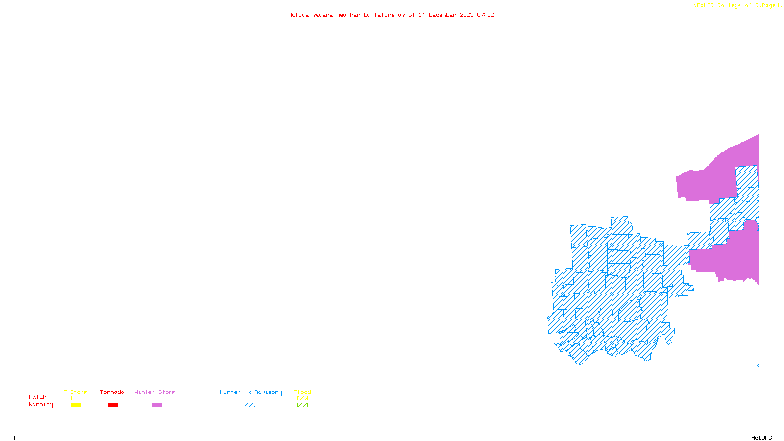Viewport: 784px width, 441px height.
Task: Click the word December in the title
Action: [x=442, y=15]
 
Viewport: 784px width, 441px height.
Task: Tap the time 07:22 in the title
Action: [x=486, y=15]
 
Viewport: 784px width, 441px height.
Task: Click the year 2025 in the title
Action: [x=466, y=15]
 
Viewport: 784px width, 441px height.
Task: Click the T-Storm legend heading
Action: [x=75, y=392]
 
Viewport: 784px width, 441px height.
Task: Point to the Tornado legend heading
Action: [x=112, y=392]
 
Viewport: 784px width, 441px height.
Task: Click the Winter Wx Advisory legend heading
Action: [x=251, y=392]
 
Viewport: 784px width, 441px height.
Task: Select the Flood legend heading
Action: [x=302, y=392]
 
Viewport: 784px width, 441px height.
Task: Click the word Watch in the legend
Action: [x=38, y=397]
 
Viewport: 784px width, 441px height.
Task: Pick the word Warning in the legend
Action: [x=41, y=405]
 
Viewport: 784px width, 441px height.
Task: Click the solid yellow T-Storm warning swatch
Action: [x=76, y=405]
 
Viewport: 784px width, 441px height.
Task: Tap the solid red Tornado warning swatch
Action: [x=113, y=405]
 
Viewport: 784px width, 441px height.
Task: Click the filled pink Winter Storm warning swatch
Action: [x=157, y=405]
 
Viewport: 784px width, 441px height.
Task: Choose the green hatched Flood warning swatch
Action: [x=303, y=405]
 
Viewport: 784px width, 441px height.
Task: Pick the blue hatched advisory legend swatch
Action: [x=250, y=405]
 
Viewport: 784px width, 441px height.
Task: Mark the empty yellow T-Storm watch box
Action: [x=76, y=398]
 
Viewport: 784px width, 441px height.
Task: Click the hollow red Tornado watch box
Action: [x=113, y=398]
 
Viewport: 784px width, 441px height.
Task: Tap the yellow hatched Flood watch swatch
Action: [x=303, y=398]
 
